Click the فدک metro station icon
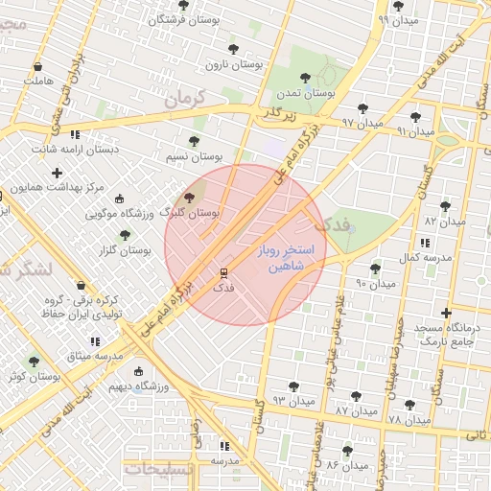tap(222, 272)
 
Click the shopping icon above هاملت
tap(37, 68)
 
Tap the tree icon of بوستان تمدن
tap(305, 78)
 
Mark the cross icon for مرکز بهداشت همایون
tap(58, 174)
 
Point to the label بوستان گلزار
tap(125, 249)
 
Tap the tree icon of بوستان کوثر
tap(35, 362)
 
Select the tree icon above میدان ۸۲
tap(444, 205)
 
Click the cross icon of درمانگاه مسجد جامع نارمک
tap(446, 313)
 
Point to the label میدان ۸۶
tap(346, 465)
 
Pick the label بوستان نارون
tap(234, 64)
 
